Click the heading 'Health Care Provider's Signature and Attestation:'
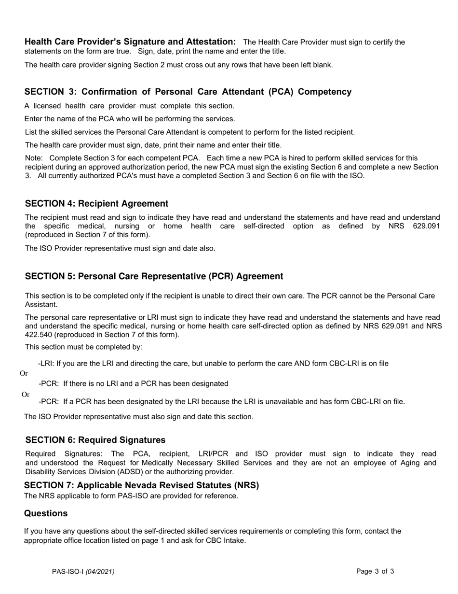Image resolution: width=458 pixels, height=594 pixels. coord(130,42)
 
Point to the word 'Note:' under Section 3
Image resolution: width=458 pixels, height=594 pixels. coord(34,158)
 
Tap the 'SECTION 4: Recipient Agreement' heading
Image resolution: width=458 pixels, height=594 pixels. coord(96,204)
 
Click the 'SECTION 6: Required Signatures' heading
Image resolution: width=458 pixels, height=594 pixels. coord(95,440)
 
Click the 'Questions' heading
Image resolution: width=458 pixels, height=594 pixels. coord(46,513)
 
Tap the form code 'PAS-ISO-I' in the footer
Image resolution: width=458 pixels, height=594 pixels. coord(68,572)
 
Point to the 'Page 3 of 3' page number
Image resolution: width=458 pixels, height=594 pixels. coord(375,571)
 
